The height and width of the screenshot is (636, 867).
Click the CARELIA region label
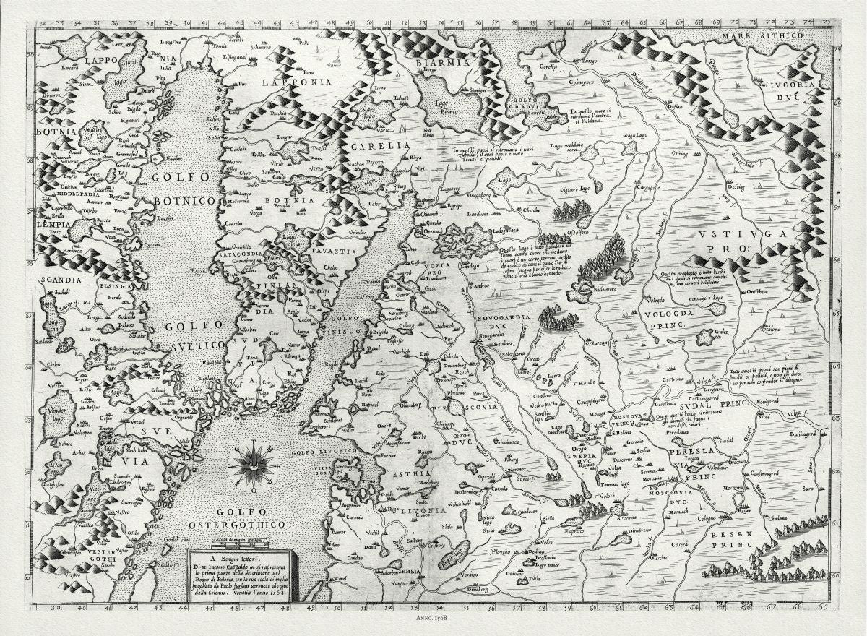[375, 146]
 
